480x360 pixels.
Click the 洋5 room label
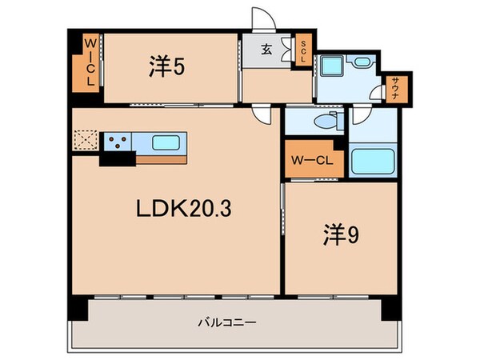point(167,68)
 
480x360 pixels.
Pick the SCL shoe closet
point(304,53)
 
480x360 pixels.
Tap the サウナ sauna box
point(397,86)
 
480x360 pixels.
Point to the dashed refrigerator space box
point(84,142)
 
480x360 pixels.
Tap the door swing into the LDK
point(262,115)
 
